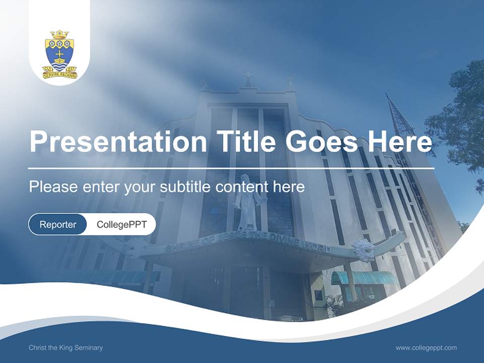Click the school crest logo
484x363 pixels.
[59, 54]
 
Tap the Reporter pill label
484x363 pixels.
[58, 224]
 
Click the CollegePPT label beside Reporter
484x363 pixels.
[122, 224]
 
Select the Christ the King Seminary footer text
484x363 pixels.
[66, 347]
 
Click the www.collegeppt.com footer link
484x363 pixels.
[426, 347]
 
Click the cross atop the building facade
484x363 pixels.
[248, 78]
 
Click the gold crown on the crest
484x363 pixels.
[59, 35]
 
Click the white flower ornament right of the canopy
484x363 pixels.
[364, 250]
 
